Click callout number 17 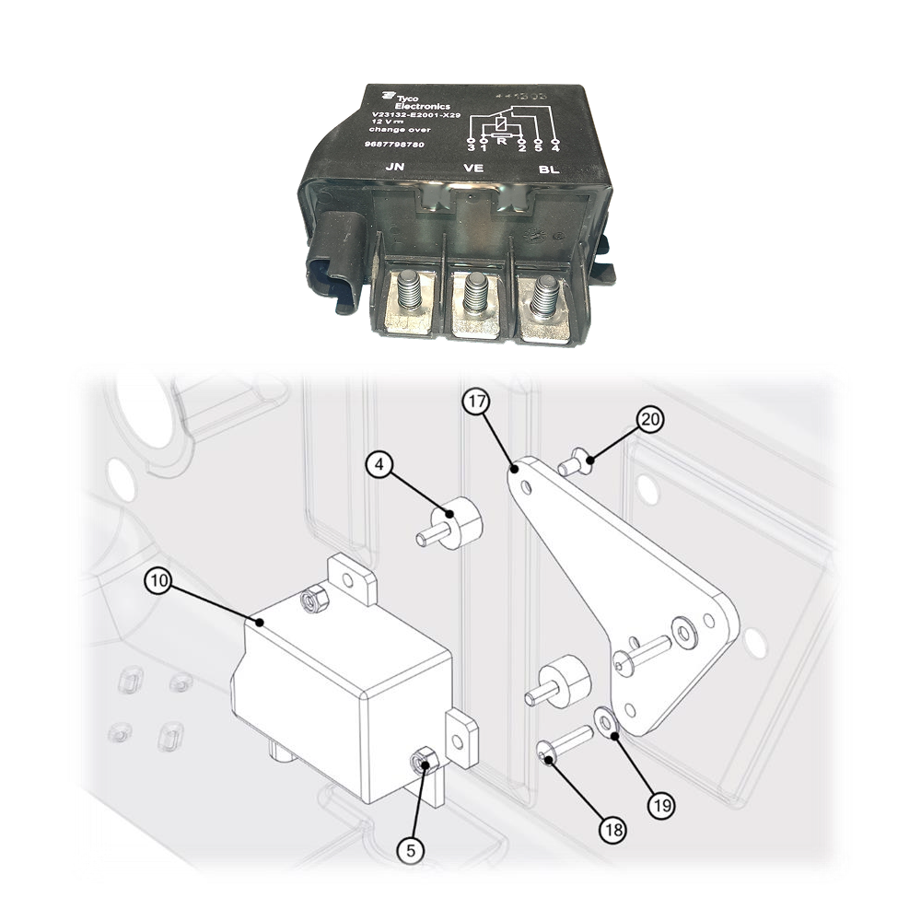477,402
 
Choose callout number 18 613,828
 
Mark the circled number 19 660,803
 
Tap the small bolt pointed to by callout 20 572,462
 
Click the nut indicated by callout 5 423,761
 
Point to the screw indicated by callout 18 563,745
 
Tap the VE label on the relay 472,169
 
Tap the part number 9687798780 396,146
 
